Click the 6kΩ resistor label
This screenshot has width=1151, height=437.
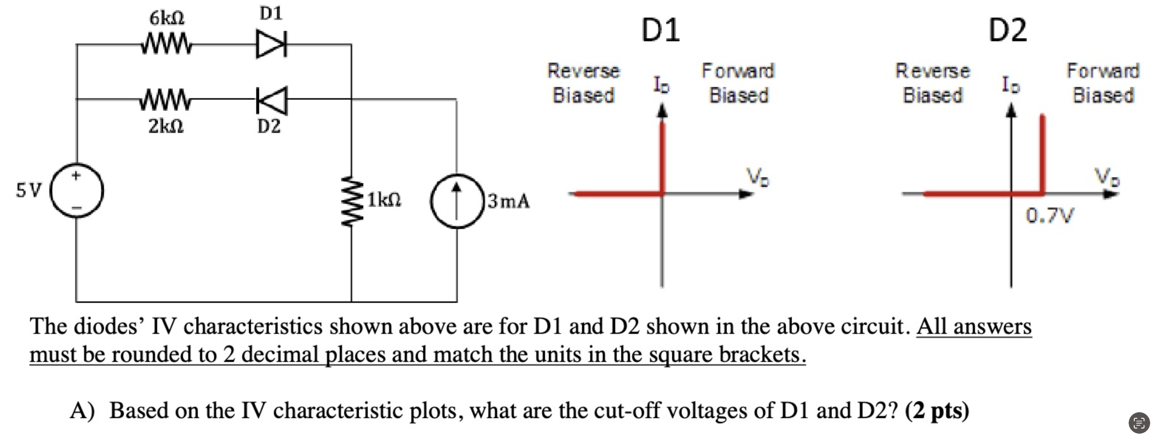(x=167, y=18)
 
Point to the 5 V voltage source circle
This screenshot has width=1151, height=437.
(x=77, y=191)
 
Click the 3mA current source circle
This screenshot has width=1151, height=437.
(x=457, y=201)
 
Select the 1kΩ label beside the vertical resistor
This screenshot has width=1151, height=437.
(x=384, y=200)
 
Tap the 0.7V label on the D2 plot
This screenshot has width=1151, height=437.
(x=1049, y=216)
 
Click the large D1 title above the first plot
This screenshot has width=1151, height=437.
(x=660, y=30)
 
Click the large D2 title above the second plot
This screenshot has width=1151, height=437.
(x=1007, y=30)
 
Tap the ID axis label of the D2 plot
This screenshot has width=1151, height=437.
(x=1011, y=84)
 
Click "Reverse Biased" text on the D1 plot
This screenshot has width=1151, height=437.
(x=583, y=83)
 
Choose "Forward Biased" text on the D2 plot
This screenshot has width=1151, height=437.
(x=1103, y=83)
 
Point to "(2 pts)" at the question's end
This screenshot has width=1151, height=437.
(x=937, y=410)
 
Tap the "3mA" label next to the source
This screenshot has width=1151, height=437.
(x=508, y=201)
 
